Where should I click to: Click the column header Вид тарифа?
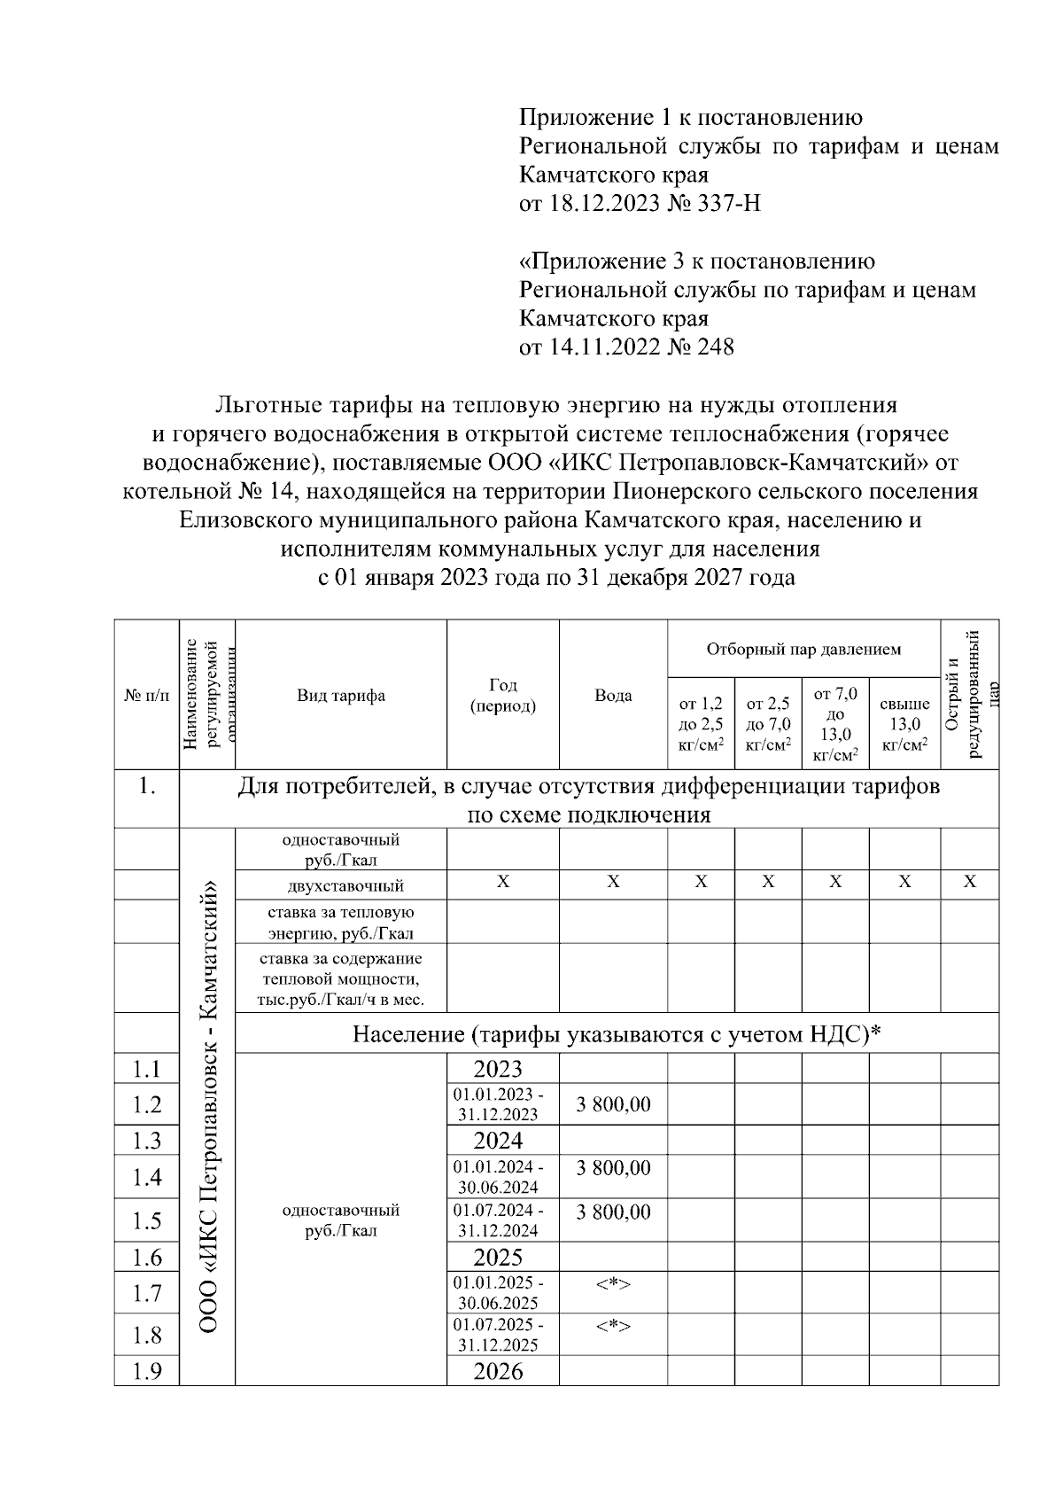point(341,696)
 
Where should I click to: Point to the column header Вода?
point(613,696)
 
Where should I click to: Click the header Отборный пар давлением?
point(803,650)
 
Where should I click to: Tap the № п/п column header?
point(147,696)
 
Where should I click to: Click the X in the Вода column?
point(613,883)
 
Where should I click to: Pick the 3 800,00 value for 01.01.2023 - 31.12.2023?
point(613,1104)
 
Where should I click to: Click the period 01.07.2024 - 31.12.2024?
point(499,1220)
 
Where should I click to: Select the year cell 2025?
point(498,1257)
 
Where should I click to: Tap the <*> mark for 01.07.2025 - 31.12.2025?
point(613,1326)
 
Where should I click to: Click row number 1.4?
point(147,1177)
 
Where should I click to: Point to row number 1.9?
point(147,1372)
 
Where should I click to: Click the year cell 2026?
point(498,1372)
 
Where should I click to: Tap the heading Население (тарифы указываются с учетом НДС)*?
point(617,1034)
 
